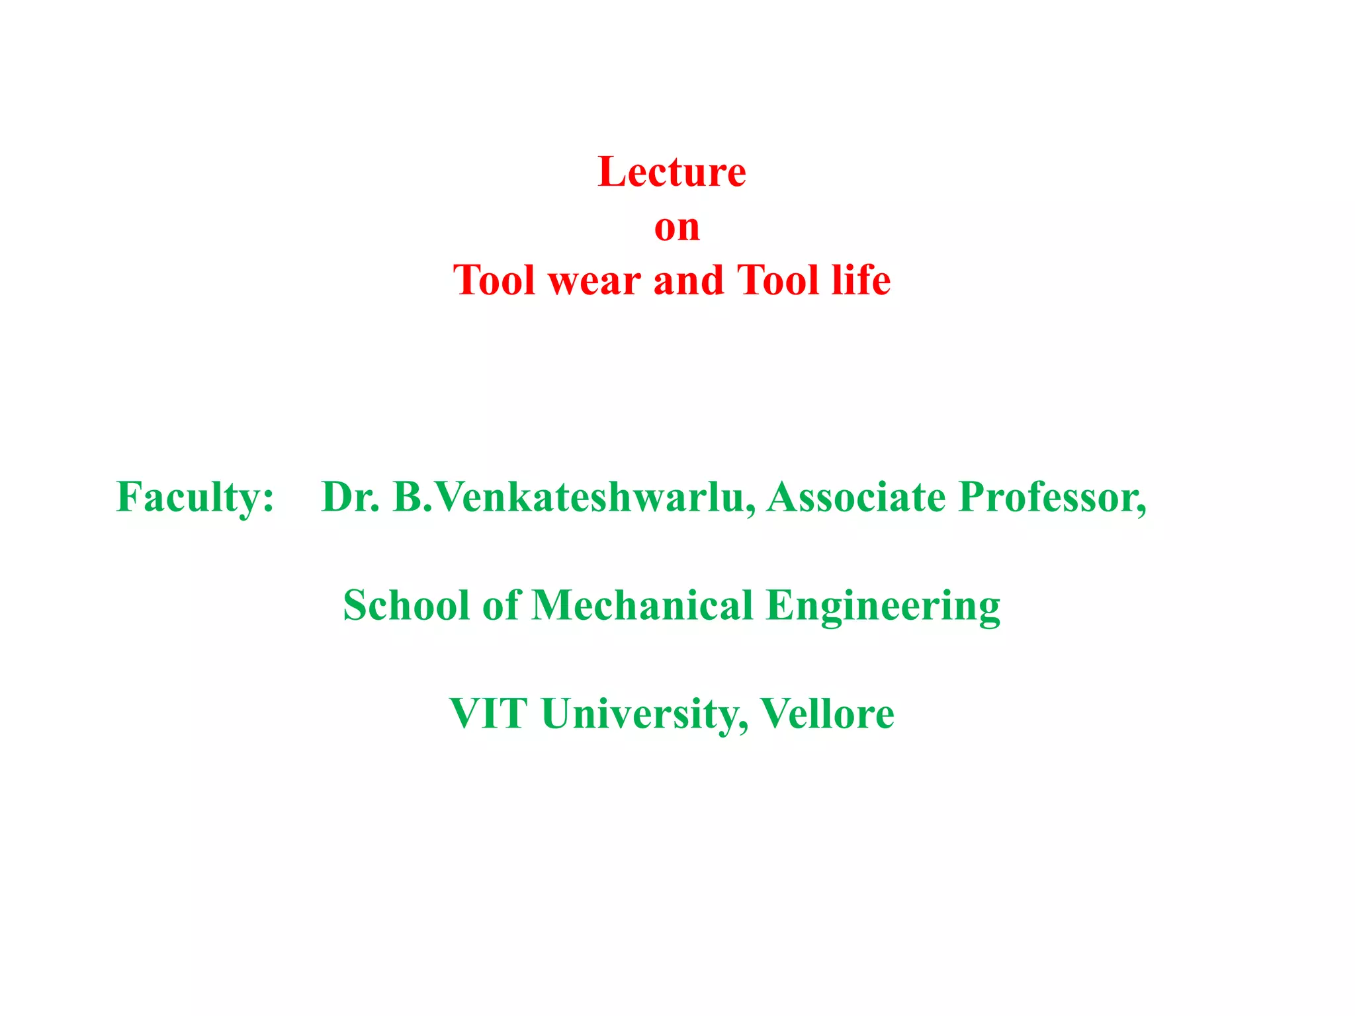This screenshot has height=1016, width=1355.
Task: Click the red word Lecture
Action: point(672,173)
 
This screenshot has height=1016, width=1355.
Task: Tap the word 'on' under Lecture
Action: point(677,228)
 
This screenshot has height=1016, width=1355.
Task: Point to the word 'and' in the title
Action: point(688,280)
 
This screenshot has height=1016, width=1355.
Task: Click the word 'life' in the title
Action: point(861,280)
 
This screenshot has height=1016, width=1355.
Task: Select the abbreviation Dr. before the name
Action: point(351,497)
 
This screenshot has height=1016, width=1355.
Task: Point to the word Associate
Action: point(856,497)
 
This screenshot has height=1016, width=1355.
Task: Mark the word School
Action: point(406,605)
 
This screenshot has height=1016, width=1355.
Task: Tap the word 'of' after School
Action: point(501,605)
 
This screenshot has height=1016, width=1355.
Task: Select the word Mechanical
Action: point(642,605)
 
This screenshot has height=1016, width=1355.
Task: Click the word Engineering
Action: point(883,607)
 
